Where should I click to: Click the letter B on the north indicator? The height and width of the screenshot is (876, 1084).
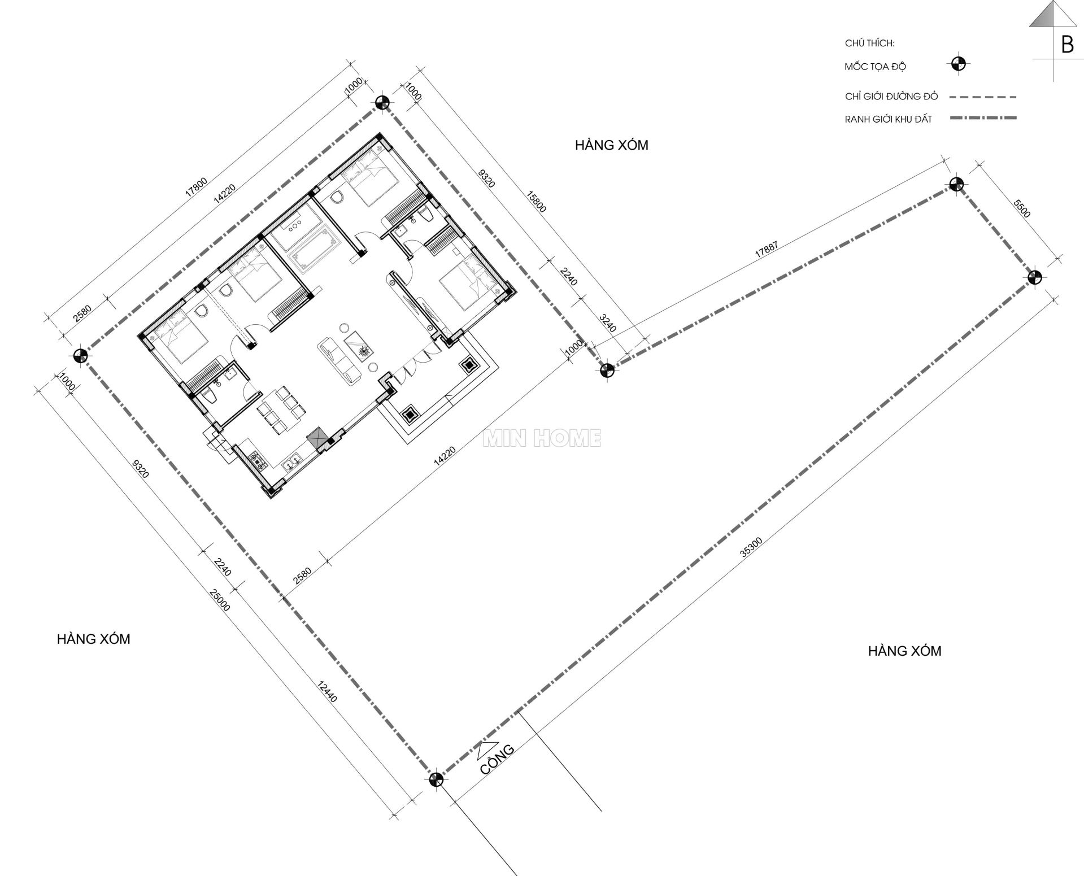tap(1067, 45)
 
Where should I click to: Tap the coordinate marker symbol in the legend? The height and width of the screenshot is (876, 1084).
tap(956, 64)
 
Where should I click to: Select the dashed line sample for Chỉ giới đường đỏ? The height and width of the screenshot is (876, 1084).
tap(983, 97)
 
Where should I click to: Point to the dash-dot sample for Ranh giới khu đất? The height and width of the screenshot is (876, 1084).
tap(983, 118)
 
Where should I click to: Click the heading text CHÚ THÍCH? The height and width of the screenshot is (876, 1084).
tap(869, 43)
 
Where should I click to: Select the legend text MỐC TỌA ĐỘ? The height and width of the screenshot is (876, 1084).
tap(875, 67)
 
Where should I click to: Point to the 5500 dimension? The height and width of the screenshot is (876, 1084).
tap(1022, 208)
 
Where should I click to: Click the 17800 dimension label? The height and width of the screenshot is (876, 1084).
tap(197, 187)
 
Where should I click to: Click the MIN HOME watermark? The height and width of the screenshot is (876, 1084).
tap(542, 438)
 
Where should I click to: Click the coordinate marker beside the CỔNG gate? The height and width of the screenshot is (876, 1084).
tap(436, 780)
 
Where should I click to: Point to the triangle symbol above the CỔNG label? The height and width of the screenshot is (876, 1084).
tap(487, 749)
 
